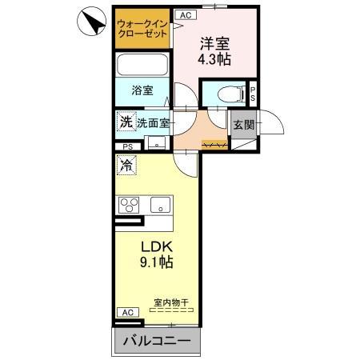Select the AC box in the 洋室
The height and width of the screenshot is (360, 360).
click(185, 15)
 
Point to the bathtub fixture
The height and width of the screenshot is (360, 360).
click(142, 65)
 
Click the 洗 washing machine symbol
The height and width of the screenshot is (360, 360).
click(126, 122)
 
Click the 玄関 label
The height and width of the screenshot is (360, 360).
click(243, 125)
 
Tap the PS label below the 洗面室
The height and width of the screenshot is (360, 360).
click(128, 147)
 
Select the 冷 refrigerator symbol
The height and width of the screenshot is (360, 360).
click(126, 166)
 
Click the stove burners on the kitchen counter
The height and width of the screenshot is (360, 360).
click(130, 206)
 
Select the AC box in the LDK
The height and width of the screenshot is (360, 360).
click(126, 312)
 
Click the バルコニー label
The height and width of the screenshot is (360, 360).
click(157, 342)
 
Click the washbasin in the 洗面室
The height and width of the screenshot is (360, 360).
click(157, 142)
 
